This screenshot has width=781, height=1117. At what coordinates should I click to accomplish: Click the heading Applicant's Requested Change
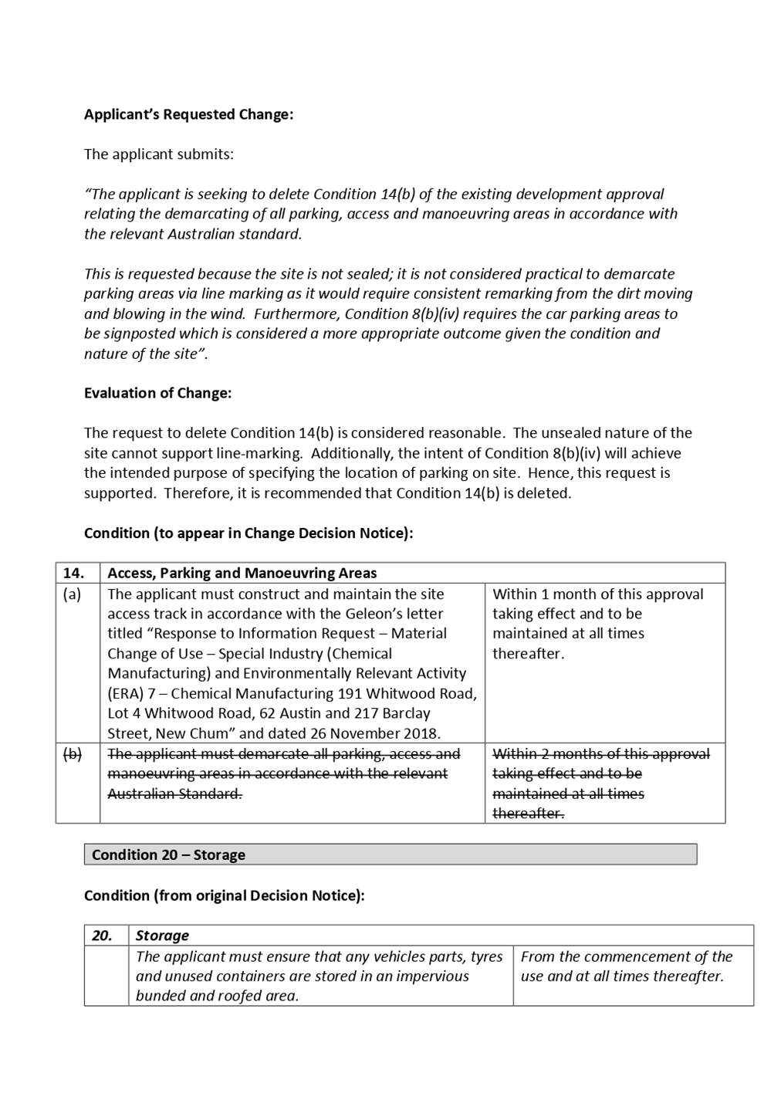pyautogui.click(x=188, y=114)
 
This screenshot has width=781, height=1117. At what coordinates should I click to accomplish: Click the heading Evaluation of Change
pyautogui.click(x=157, y=393)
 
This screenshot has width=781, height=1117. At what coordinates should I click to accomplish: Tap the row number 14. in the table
pyautogui.click(x=73, y=573)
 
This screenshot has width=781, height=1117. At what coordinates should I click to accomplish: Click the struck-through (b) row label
pyautogui.click(x=72, y=754)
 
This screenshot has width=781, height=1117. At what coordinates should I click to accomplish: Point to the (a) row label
pyautogui.click(x=72, y=594)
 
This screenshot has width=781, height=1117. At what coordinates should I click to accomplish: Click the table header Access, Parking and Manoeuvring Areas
pyautogui.click(x=242, y=573)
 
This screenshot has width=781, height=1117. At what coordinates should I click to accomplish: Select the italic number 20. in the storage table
pyautogui.click(x=102, y=936)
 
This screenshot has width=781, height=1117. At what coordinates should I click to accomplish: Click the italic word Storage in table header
pyautogui.click(x=162, y=936)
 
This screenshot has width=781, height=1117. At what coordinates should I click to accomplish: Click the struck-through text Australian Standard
pyautogui.click(x=174, y=794)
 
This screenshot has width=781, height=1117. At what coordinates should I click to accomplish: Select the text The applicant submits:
pyautogui.click(x=158, y=154)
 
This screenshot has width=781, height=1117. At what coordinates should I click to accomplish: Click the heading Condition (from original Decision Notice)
pyautogui.click(x=224, y=895)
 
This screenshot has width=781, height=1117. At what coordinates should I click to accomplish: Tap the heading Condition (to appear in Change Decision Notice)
pyautogui.click(x=248, y=533)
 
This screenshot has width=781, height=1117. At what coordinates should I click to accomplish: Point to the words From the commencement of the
pyautogui.click(x=626, y=956)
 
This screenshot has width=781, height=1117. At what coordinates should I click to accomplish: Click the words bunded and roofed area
pyautogui.click(x=217, y=996)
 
